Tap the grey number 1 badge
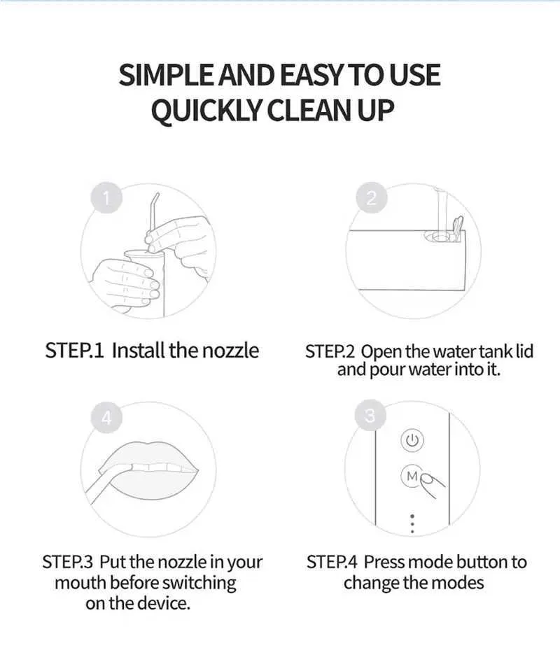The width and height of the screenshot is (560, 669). [x=106, y=198]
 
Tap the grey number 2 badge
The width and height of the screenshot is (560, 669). [x=371, y=198]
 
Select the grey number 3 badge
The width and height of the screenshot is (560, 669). [x=370, y=416]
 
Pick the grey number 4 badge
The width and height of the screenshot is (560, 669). [x=106, y=417]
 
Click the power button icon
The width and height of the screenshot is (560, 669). [x=412, y=440]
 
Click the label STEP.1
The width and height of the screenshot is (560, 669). [x=75, y=351]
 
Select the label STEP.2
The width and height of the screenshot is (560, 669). [x=330, y=351]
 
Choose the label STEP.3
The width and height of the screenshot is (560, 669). [x=67, y=562]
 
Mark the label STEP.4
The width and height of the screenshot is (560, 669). [x=332, y=562]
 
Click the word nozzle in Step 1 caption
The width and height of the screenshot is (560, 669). [x=230, y=351]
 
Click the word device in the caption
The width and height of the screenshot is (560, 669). [x=164, y=603]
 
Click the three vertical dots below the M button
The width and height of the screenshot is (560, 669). [x=412, y=523]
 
